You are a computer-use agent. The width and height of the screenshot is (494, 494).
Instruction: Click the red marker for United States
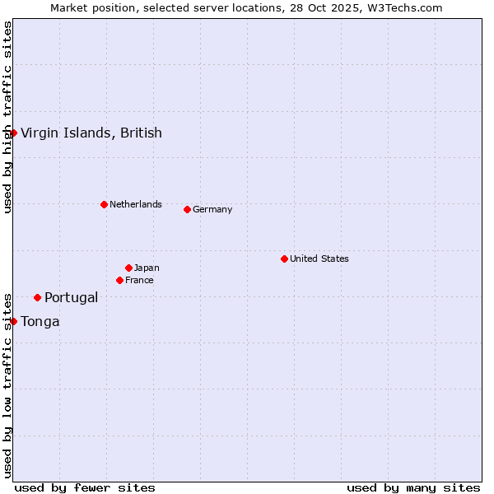click(x=284, y=259)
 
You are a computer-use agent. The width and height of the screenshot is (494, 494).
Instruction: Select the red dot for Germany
click(x=187, y=209)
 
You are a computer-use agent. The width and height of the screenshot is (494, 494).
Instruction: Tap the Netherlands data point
click(x=104, y=204)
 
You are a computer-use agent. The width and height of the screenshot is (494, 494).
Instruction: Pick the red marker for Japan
click(x=128, y=268)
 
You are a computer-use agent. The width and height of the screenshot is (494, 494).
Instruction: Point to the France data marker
click(x=119, y=280)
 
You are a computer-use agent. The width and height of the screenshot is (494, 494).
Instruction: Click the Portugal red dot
click(x=37, y=297)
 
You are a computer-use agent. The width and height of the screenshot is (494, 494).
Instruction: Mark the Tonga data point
click(x=13, y=321)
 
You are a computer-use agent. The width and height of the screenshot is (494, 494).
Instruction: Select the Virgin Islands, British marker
click(x=13, y=133)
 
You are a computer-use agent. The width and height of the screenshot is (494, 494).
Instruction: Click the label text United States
click(x=319, y=259)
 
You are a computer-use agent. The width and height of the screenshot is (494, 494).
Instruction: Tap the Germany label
click(x=212, y=209)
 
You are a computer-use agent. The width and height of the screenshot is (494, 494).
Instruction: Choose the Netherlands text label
click(x=136, y=204)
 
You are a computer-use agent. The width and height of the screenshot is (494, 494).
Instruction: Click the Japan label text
click(x=147, y=268)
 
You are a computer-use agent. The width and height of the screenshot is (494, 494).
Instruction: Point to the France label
click(x=139, y=280)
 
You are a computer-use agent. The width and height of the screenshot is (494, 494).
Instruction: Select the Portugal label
click(x=72, y=297)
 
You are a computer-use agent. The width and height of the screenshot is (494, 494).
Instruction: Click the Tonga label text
click(x=40, y=321)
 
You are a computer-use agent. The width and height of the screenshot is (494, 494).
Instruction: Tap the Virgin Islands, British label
click(x=91, y=133)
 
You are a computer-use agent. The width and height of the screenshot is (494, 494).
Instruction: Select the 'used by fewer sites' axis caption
click(x=85, y=487)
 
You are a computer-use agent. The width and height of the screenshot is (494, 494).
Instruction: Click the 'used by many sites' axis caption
click(x=413, y=487)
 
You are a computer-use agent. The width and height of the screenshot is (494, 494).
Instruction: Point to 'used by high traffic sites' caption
click(x=7, y=117)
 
